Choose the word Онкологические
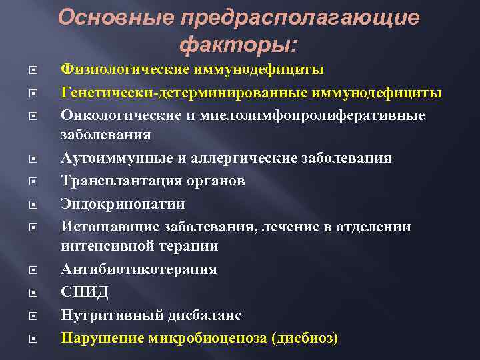[x=117, y=115]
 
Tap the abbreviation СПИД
[x=85, y=292]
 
